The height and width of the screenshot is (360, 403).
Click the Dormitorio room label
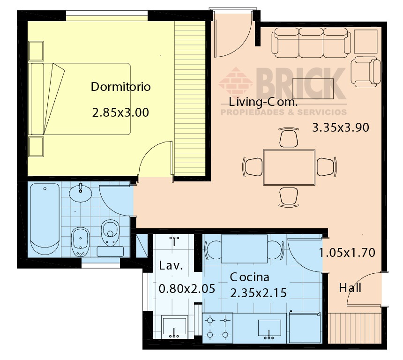click(x=120, y=87)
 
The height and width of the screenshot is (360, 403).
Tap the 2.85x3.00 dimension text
click(x=120, y=112)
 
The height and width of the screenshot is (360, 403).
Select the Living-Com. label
click(x=263, y=102)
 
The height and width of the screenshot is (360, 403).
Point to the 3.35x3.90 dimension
click(x=341, y=127)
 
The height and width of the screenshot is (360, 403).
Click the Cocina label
click(x=250, y=277)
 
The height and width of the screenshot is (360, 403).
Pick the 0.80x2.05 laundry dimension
click(x=187, y=289)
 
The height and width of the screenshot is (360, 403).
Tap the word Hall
click(x=350, y=288)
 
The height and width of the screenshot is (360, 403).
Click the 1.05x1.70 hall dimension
click(x=347, y=253)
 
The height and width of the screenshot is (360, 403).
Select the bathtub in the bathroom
click(x=45, y=219)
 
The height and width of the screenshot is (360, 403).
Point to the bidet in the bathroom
click(x=81, y=242)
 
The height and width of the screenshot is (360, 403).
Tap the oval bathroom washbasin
click(x=81, y=192)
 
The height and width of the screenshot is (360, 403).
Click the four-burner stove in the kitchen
click(x=217, y=328)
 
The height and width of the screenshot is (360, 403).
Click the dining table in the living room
click(x=289, y=167)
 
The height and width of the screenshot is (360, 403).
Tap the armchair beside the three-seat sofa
click(x=366, y=72)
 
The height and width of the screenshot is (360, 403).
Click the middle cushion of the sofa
click(x=311, y=43)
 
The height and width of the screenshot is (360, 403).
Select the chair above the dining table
click(x=289, y=137)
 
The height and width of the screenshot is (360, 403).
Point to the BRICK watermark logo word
click(x=301, y=83)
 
